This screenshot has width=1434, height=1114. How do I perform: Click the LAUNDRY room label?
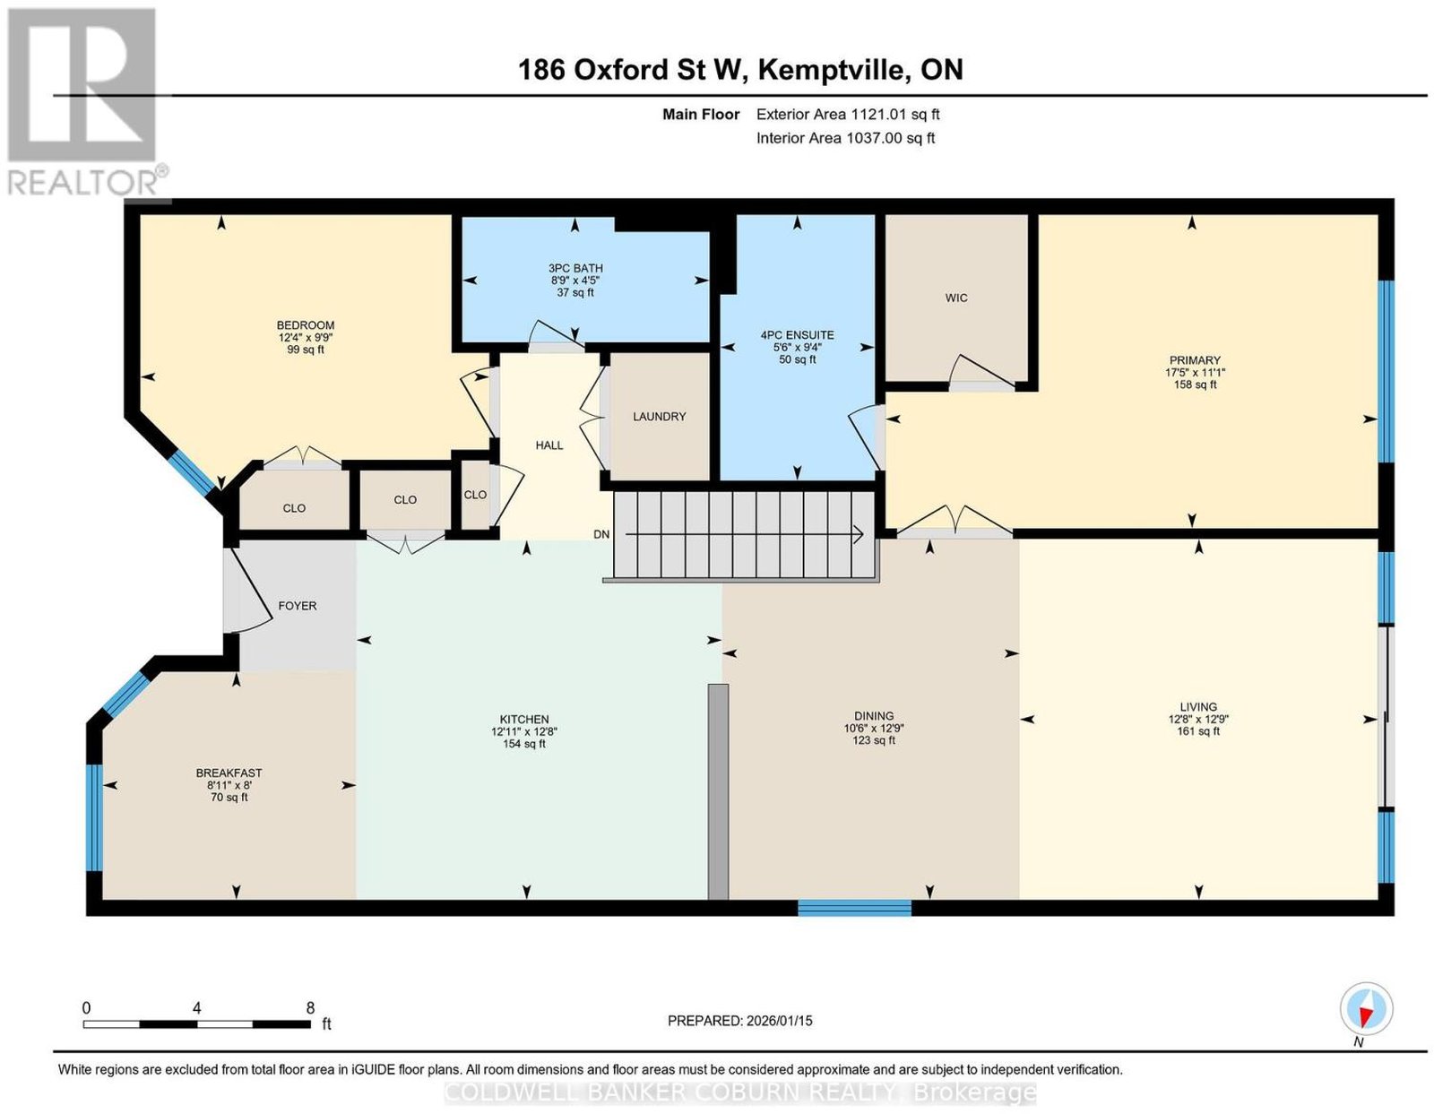click(x=659, y=416)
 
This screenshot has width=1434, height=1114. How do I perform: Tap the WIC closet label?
click(x=955, y=298)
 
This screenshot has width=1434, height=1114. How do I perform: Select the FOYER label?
click(x=297, y=606)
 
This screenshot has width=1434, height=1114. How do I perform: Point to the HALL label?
click(x=549, y=445)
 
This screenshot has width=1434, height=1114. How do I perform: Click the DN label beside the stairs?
click(x=601, y=534)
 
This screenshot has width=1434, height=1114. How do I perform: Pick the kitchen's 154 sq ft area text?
click(x=524, y=744)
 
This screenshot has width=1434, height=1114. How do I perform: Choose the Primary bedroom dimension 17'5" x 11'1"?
click(x=1195, y=372)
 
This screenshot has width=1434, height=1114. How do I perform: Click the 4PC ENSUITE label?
click(x=797, y=335)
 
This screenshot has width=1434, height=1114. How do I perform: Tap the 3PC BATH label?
click(x=575, y=268)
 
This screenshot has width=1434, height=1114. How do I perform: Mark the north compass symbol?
click(x=1365, y=1028)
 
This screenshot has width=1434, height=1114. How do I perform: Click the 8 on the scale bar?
click(x=310, y=1008)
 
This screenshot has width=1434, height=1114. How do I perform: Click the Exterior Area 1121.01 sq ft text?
click(x=848, y=114)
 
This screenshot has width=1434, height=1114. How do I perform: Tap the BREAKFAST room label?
click(x=229, y=773)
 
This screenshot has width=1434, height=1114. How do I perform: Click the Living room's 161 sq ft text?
click(x=1197, y=731)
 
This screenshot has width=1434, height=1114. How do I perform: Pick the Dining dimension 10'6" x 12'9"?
click(x=874, y=728)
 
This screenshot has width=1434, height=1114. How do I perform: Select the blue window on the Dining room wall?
click(x=855, y=908)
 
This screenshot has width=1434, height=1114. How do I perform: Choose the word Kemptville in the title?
click(x=830, y=69)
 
